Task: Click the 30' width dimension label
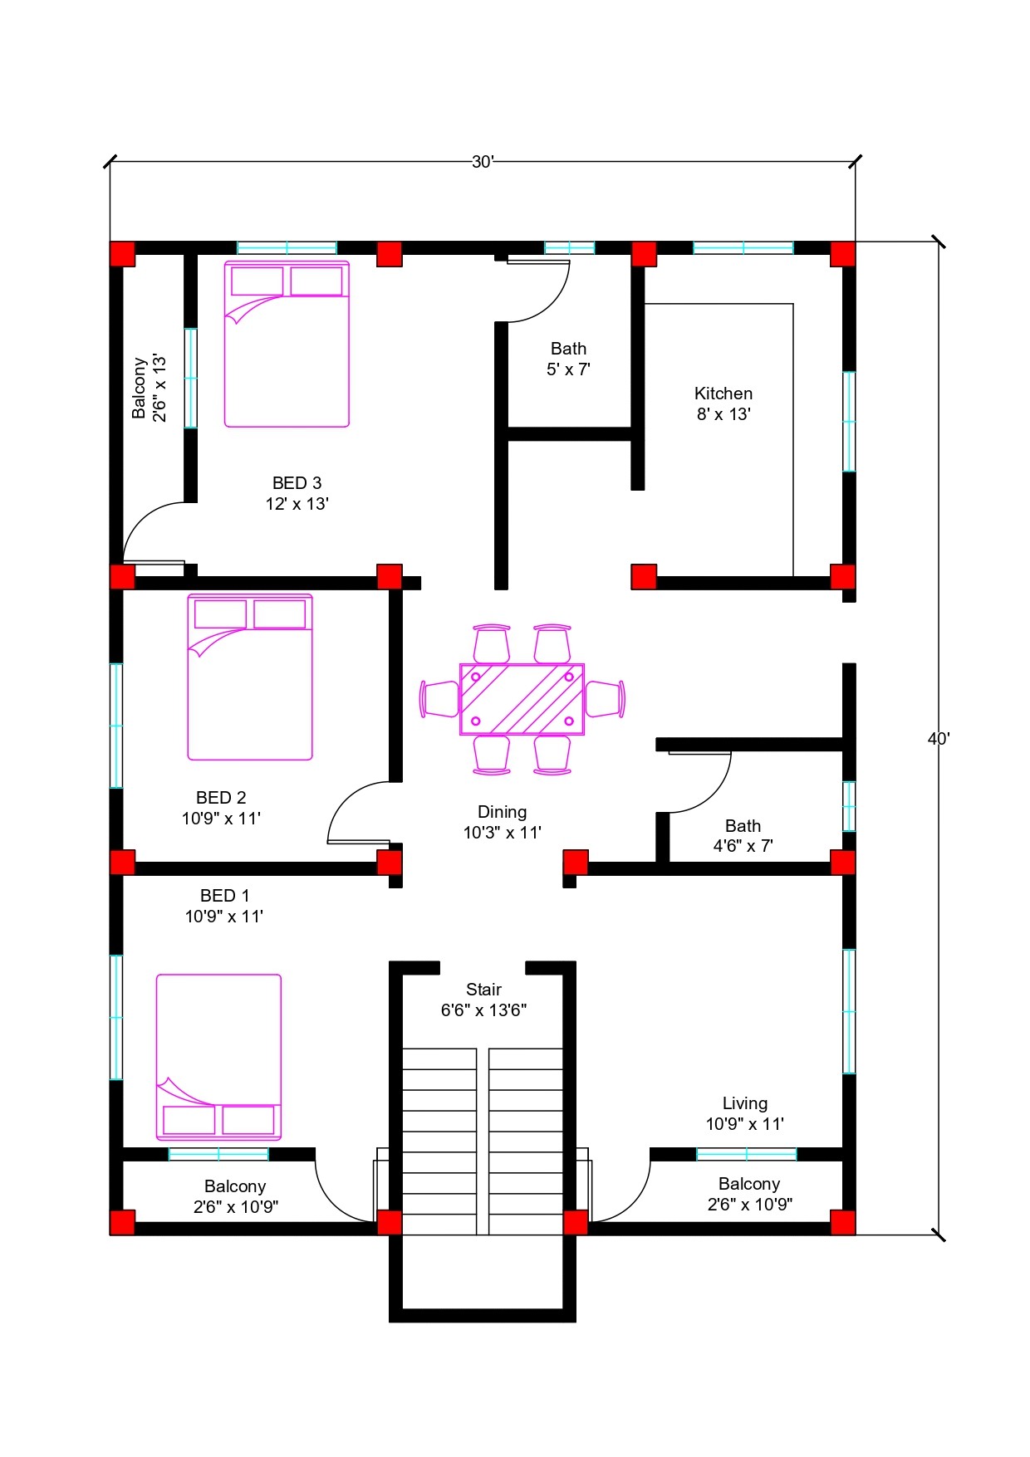483,162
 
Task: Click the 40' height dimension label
939,739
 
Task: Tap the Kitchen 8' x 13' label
723,403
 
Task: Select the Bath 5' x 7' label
568,359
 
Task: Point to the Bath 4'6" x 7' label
743,836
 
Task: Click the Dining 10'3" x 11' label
502,822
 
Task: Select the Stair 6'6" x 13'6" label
483,1000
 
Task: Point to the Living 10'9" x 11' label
745,1113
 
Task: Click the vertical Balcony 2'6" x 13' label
150,388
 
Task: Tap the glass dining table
522,699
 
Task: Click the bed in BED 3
287,344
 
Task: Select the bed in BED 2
250,677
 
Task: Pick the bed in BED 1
219,1057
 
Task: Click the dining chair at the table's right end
606,698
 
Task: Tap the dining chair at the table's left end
439,699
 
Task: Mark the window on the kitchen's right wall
849,422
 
